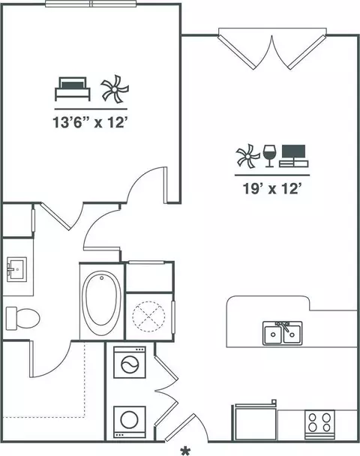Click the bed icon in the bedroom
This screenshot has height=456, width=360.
pos(73,89)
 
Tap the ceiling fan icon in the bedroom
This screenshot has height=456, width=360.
pos(115,88)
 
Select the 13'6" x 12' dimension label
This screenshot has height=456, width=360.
pos(91,122)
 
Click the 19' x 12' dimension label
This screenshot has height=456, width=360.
pos(271,189)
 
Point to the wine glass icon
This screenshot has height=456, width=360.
pos(268,156)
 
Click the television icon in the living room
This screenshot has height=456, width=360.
pos(294,156)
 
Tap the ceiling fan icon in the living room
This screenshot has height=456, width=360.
pos(247,156)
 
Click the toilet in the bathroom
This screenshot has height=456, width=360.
pos(22,319)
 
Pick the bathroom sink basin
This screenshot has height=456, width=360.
pos(16,269)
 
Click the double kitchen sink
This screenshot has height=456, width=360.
pos(282,333)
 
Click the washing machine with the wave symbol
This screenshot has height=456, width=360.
pos(130,362)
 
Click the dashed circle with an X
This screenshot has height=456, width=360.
pos(148,316)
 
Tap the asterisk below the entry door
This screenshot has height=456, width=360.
pos(185,451)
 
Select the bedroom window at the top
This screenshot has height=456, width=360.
pos(91,4)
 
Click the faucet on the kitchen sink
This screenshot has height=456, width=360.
pos(283,326)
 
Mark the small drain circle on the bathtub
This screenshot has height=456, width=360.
pos(102,278)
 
